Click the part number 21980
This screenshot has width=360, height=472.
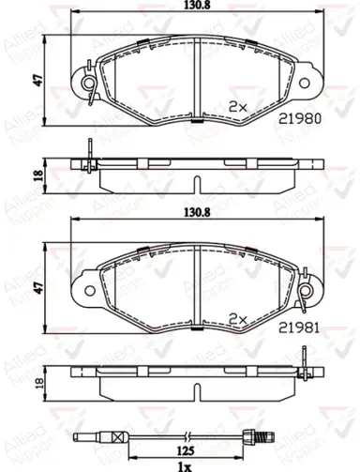coord(299,118)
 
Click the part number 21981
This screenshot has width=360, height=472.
coord(299,327)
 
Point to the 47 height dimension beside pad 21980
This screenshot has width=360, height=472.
coord(38,81)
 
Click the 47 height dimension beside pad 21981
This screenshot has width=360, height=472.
coord(38,288)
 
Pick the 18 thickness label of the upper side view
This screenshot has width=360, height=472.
coord(38,175)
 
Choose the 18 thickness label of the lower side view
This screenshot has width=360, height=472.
coord(38,383)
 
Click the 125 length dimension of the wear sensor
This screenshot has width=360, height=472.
coord(186,450)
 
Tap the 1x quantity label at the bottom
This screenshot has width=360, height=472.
coord(184,467)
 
